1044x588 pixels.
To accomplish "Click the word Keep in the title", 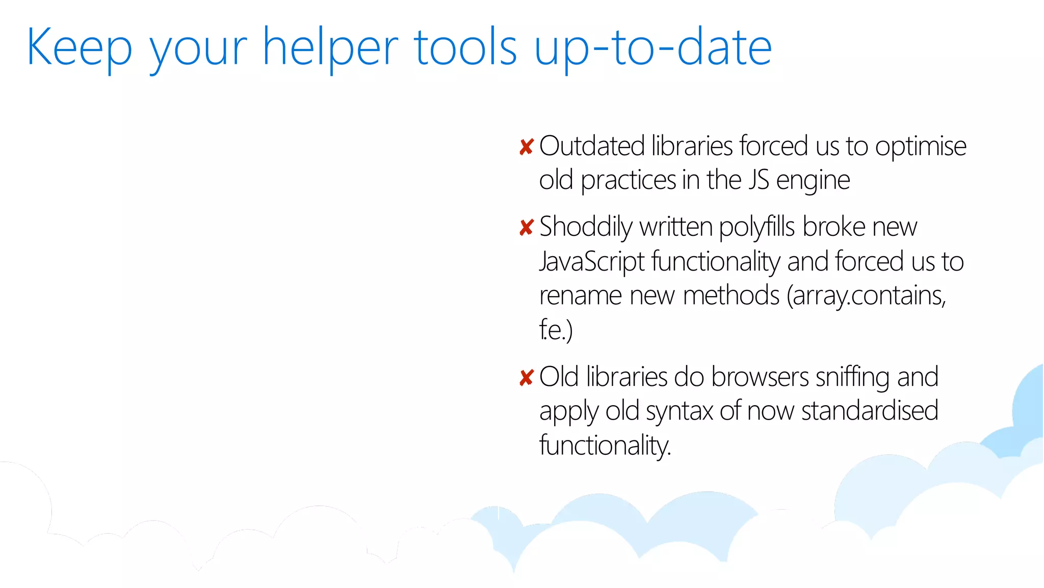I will [x=79, y=47].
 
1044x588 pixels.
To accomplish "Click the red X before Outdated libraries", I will [x=526, y=147].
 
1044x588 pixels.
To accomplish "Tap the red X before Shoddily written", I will [x=526, y=227].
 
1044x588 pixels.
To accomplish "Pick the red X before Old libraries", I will [x=526, y=378].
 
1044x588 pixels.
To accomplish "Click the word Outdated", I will [x=592, y=146].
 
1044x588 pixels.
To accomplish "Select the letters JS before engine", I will [x=759, y=180].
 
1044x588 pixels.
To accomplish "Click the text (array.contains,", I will [x=866, y=296].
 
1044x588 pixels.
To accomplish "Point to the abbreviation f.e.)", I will [x=556, y=330].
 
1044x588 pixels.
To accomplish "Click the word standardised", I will [x=869, y=411].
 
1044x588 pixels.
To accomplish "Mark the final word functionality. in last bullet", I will [x=605, y=446].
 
